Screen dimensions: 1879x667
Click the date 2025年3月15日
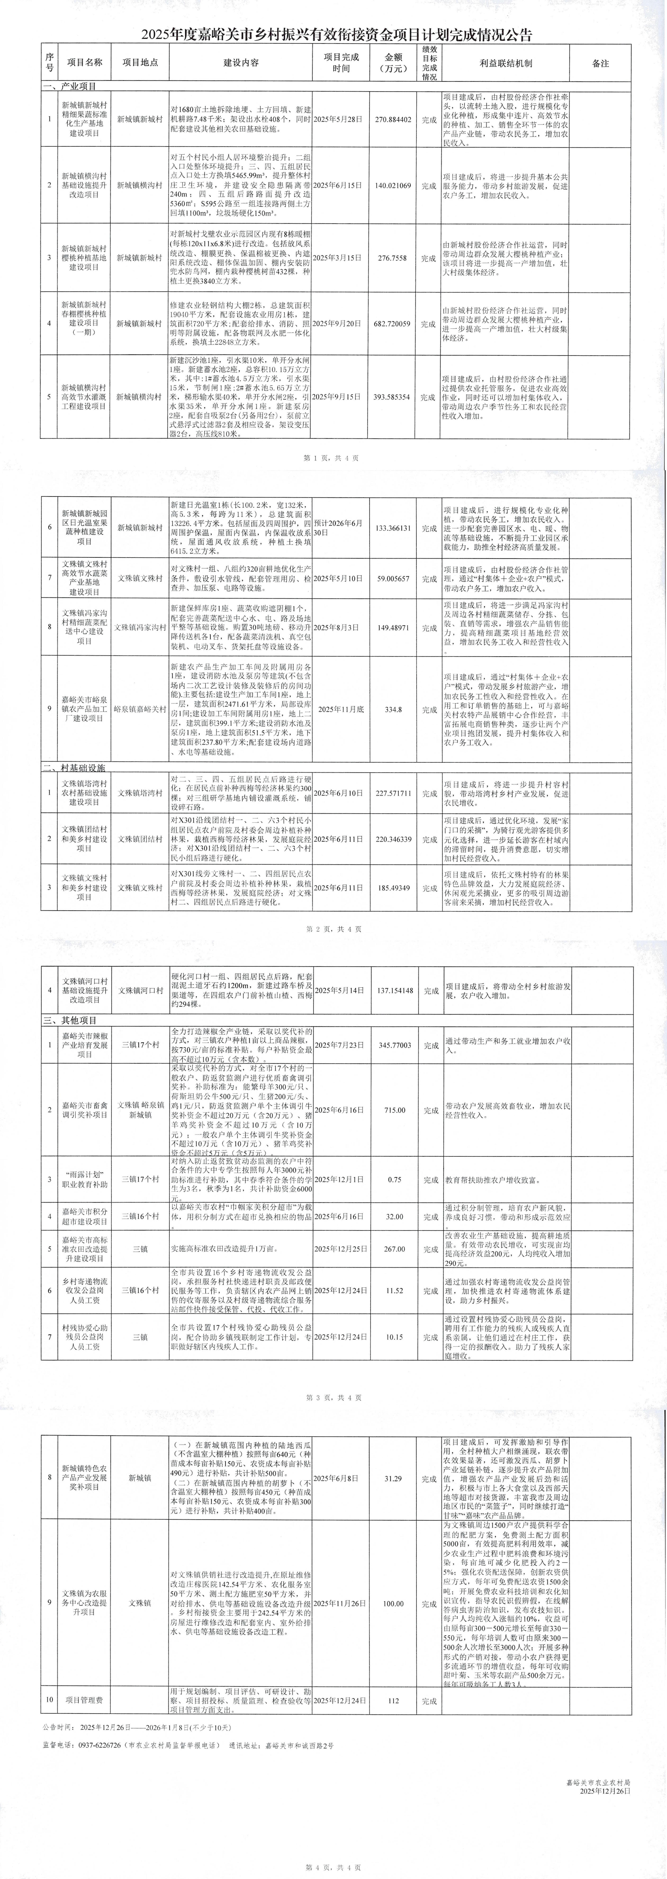pyautogui.click(x=338, y=258)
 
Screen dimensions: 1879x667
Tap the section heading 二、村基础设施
pyautogui.click(x=75, y=768)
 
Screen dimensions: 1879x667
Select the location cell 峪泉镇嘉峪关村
pyautogui.click(x=139, y=709)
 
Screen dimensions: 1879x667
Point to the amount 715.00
pyautogui.click(x=394, y=1110)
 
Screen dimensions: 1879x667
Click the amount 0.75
pyautogui.click(x=394, y=1180)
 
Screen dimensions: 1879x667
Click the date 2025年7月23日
pyautogui.click(x=338, y=1045)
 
